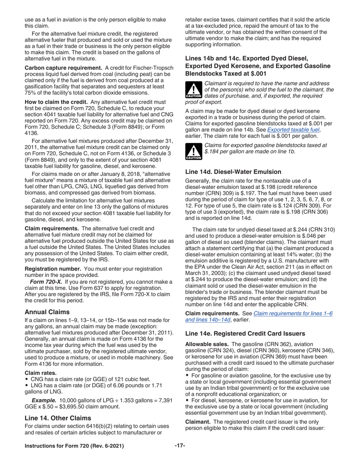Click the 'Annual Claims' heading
47,312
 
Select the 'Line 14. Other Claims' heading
58,418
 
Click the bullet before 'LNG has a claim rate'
26,385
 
